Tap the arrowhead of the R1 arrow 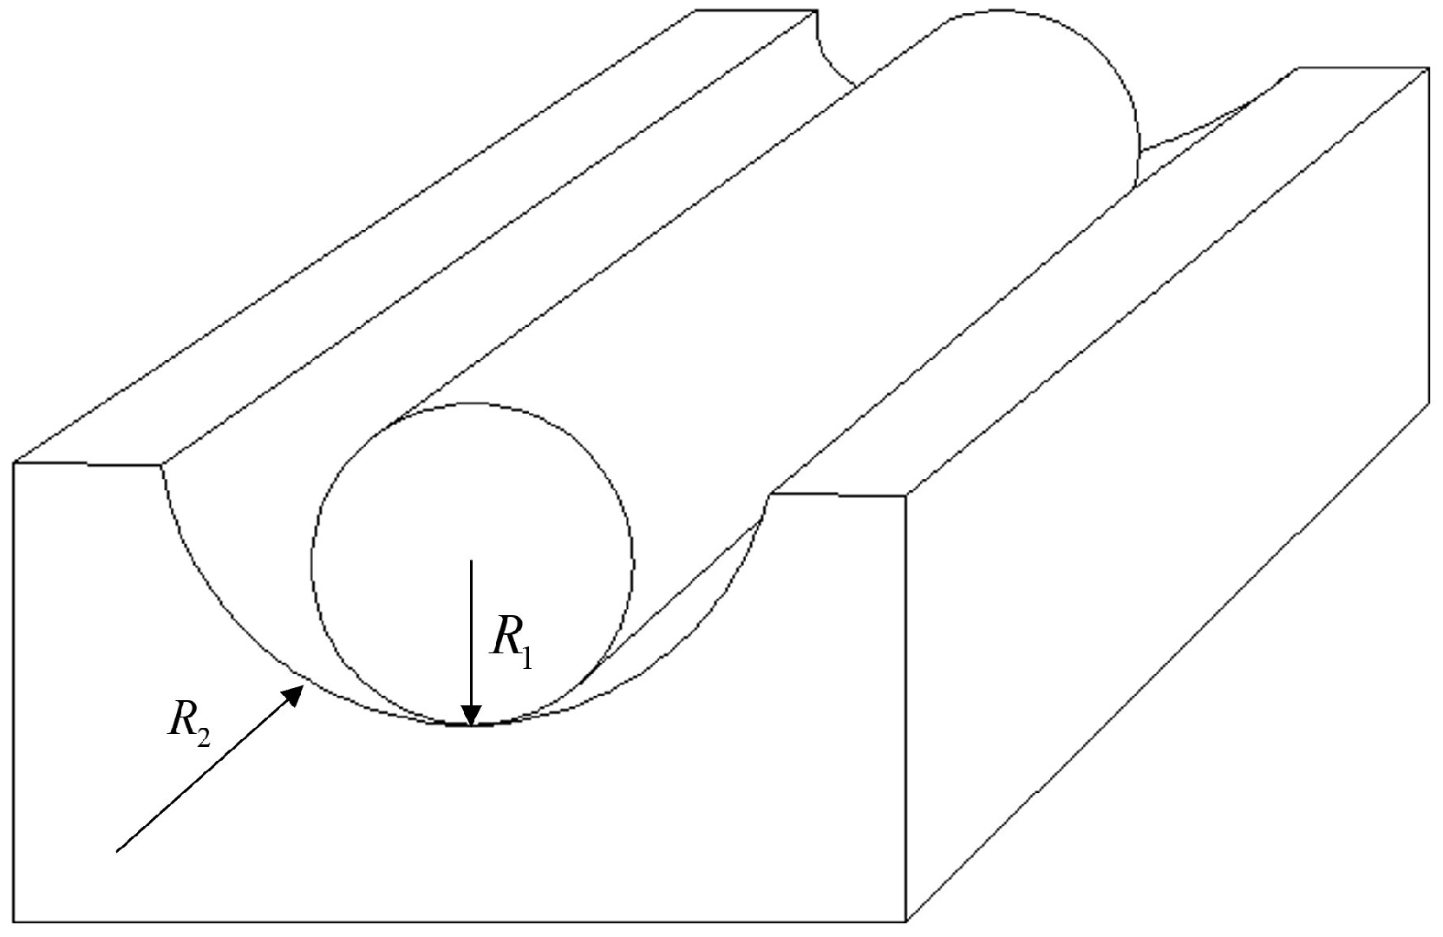click(x=471, y=711)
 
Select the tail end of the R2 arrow click(x=118, y=850)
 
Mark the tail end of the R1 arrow click(x=471, y=561)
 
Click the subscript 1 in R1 click(x=527, y=657)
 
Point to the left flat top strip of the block click(x=416, y=234)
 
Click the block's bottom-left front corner click(x=15, y=921)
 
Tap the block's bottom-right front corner click(x=906, y=921)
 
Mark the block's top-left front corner click(x=15, y=462)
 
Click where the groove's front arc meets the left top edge click(x=161, y=466)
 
